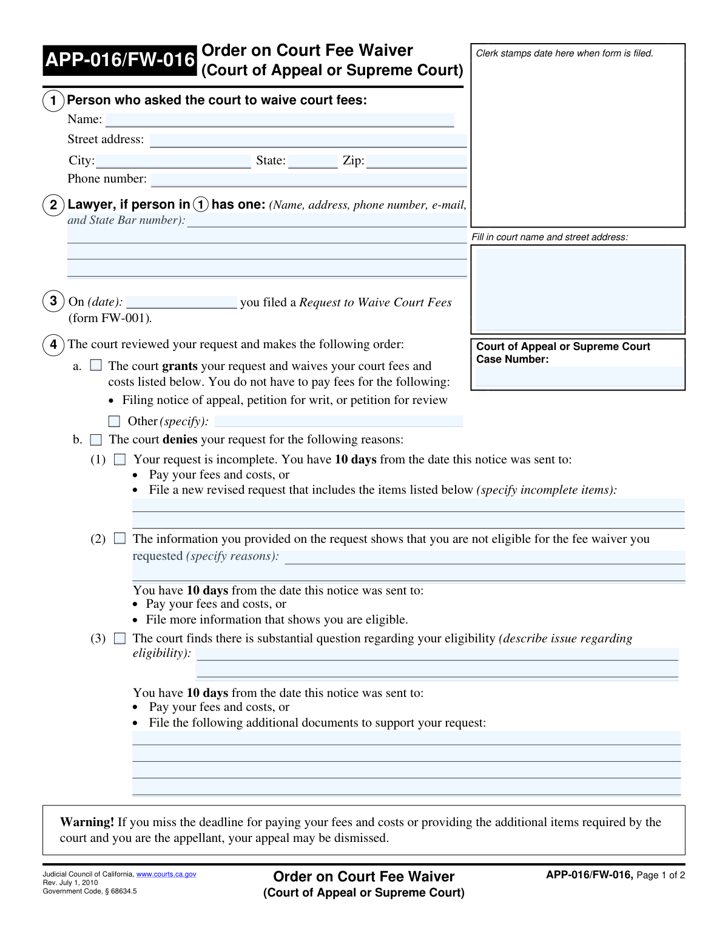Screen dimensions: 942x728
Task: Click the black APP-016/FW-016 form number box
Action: tap(120, 60)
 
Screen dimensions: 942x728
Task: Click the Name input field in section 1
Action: tap(280, 120)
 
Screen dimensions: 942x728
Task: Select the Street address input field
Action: tap(308, 140)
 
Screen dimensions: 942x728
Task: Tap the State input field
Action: tap(313, 161)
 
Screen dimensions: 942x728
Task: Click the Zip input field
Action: tap(417, 161)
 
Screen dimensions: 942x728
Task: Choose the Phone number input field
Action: tap(309, 180)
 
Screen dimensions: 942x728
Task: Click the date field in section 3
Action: tap(181, 302)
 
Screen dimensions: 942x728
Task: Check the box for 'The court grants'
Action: tap(96, 365)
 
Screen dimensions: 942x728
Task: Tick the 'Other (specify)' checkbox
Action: tap(114, 421)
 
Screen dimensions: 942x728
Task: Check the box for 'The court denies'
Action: tap(96, 440)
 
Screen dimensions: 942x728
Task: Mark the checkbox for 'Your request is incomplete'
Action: tap(120, 459)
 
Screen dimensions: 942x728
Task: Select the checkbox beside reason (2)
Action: tap(120, 539)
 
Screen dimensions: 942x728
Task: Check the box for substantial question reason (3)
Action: tap(120, 638)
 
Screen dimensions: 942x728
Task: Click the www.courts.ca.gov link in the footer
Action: tap(166, 874)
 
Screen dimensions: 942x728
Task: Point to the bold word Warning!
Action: tap(87, 822)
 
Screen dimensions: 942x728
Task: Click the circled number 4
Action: tap(53, 345)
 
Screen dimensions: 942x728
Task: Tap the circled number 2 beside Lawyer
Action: tap(53, 205)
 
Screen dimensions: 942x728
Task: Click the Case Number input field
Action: tap(578, 377)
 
